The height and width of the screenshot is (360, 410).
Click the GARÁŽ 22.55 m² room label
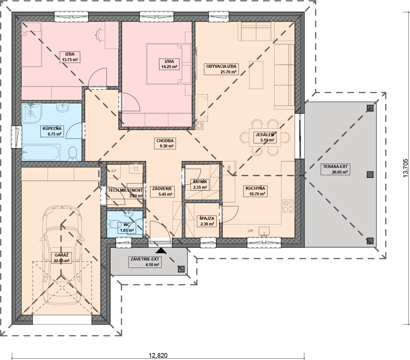(61, 258)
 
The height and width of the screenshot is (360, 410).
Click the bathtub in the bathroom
(41, 152)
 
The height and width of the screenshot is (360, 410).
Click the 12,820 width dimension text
(158, 355)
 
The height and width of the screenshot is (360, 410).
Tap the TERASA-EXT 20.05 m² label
(335, 169)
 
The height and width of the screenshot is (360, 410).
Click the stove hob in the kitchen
(288, 206)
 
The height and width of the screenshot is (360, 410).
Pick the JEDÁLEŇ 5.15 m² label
(265, 137)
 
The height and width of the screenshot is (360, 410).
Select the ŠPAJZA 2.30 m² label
(207, 221)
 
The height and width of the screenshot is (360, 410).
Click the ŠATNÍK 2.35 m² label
(200, 184)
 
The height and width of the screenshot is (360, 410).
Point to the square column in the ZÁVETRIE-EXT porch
(181, 269)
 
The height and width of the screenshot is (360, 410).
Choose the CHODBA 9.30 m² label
(165, 143)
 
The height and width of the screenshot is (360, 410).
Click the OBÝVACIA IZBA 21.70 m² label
(221, 69)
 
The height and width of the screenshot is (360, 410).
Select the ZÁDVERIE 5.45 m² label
(162, 191)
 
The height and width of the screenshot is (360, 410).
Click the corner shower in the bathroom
(31, 113)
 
